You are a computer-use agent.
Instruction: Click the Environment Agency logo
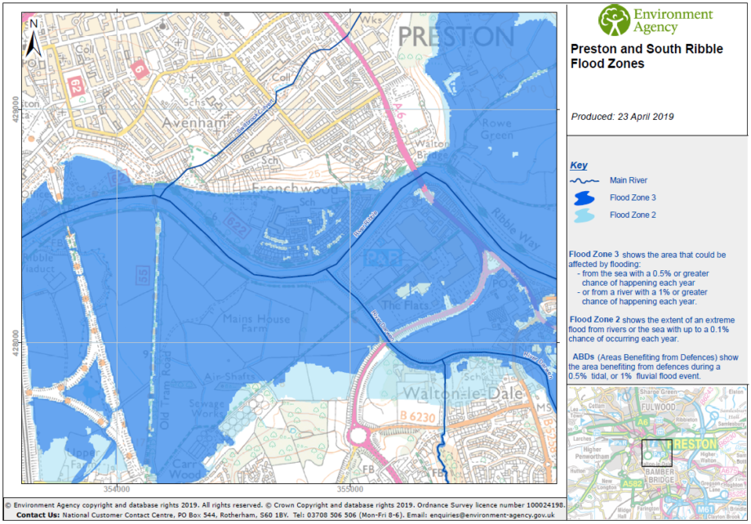click(655, 20)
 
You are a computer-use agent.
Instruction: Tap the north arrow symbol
click(33, 37)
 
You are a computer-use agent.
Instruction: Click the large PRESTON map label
click(456, 36)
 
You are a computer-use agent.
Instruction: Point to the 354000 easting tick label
click(117, 489)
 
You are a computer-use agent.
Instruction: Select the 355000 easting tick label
click(349, 489)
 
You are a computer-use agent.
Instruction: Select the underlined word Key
click(578, 165)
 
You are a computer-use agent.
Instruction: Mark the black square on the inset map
click(656, 452)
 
